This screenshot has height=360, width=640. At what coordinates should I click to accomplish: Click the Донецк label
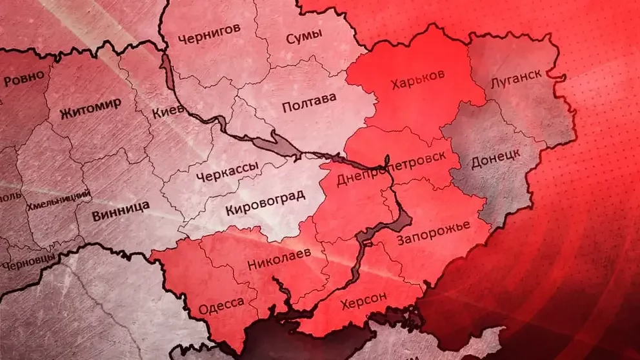[495, 156]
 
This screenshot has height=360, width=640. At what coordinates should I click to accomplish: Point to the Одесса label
[221, 303]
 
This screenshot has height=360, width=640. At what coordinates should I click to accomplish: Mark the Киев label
[168, 113]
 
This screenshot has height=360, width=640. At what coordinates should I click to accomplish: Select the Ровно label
[25, 77]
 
